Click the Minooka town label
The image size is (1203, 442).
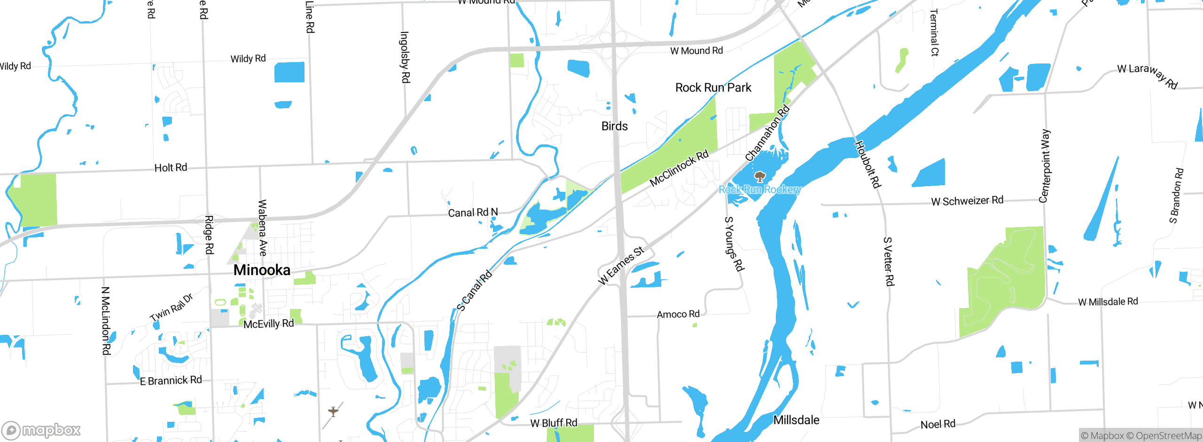[262, 270]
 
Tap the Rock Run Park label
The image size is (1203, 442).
[713, 87]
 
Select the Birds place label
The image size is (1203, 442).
[614, 126]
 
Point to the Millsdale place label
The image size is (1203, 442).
[796, 420]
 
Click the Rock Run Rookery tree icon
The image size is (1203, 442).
[759, 177]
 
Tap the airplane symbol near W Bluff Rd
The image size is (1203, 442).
[333, 412]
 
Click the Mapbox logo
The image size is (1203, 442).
[41, 430]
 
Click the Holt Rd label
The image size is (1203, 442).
[171, 168]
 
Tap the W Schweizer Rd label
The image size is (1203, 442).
[967, 201]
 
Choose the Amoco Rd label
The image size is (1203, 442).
[678, 314]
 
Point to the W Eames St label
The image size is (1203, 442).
[621, 266]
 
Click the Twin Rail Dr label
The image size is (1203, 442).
[172, 308]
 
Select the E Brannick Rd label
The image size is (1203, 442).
[171, 380]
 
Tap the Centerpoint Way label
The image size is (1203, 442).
[1044, 166]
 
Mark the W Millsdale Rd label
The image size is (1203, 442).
[1108, 301]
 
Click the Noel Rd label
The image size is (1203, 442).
[937, 424]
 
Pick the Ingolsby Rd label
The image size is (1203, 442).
[405, 57]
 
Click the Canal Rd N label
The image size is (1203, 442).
[473, 213]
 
